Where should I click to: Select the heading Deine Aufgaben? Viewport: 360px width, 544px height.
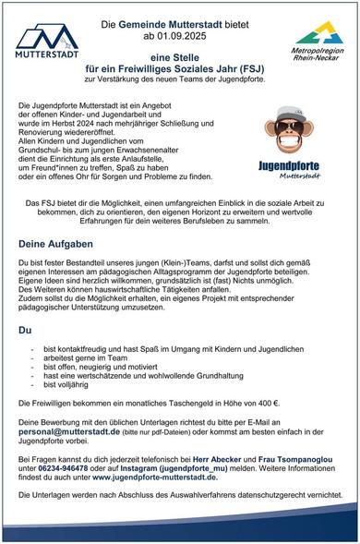pos(54,244)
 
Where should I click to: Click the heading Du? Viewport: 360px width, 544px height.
pos(26,329)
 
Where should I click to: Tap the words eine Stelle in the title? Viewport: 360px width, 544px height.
pos(180,55)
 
